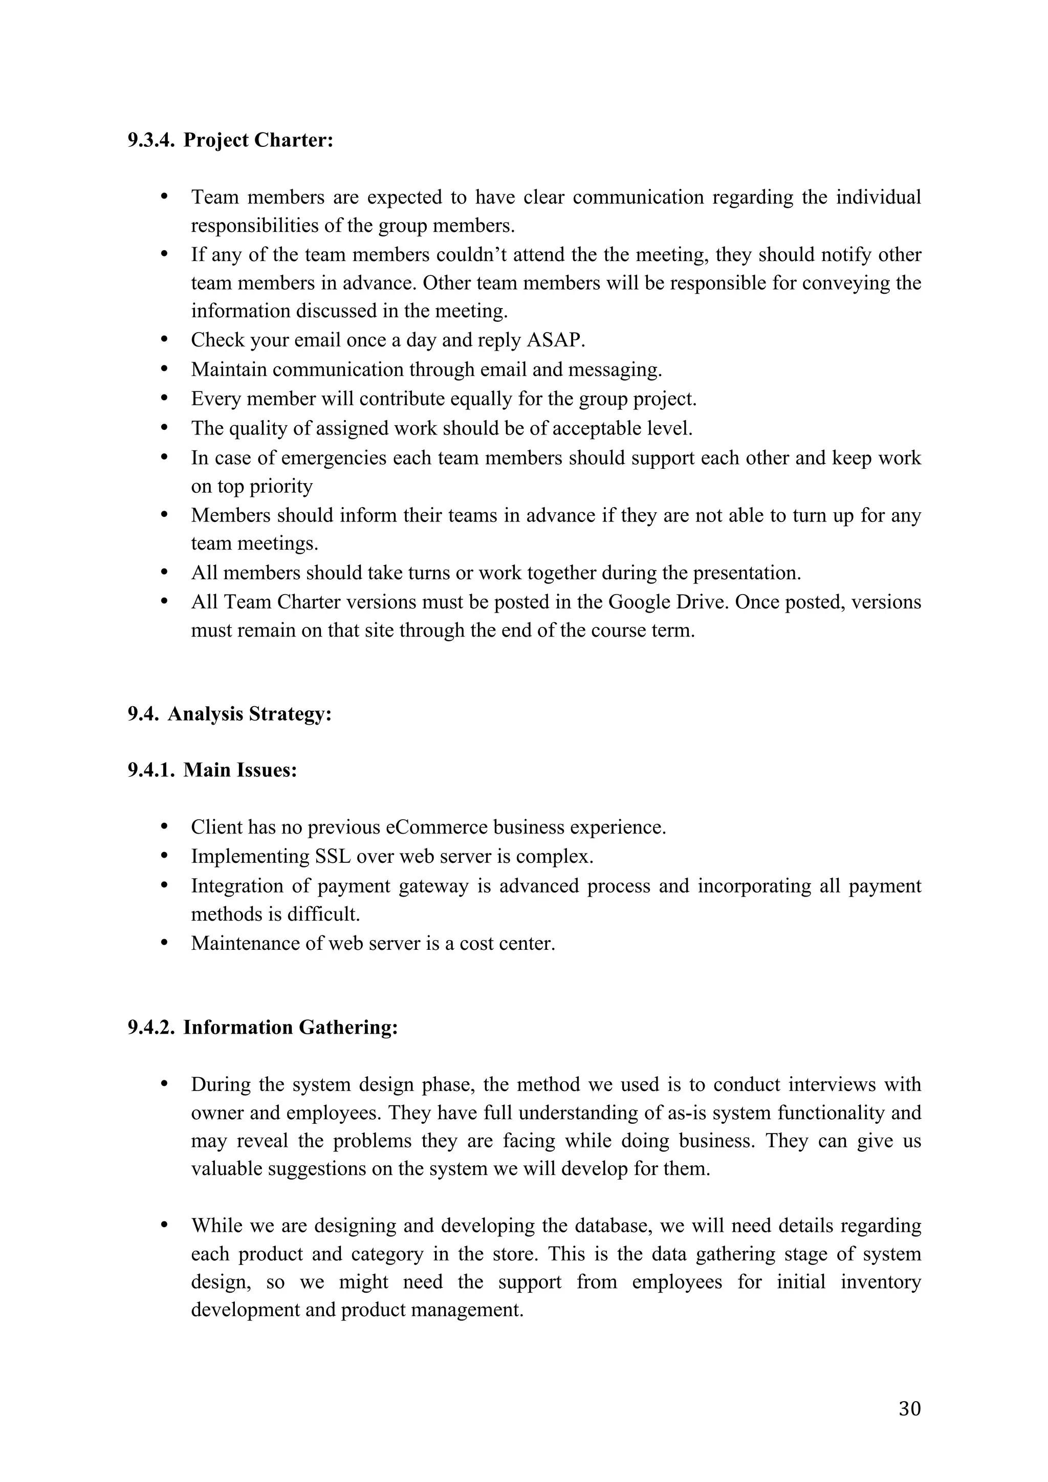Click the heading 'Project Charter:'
pyautogui.click(x=258, y=140)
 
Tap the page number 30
pyautogui.click(x=909, y=1408)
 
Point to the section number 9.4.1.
pyautogui.click(x=151, y=770)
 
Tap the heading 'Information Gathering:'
pyautogui.click(x=290, y=1028)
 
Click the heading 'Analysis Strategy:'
pyautogui.click(x=249, y=714)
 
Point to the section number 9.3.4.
pyautogui.click(x=151, y=140)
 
